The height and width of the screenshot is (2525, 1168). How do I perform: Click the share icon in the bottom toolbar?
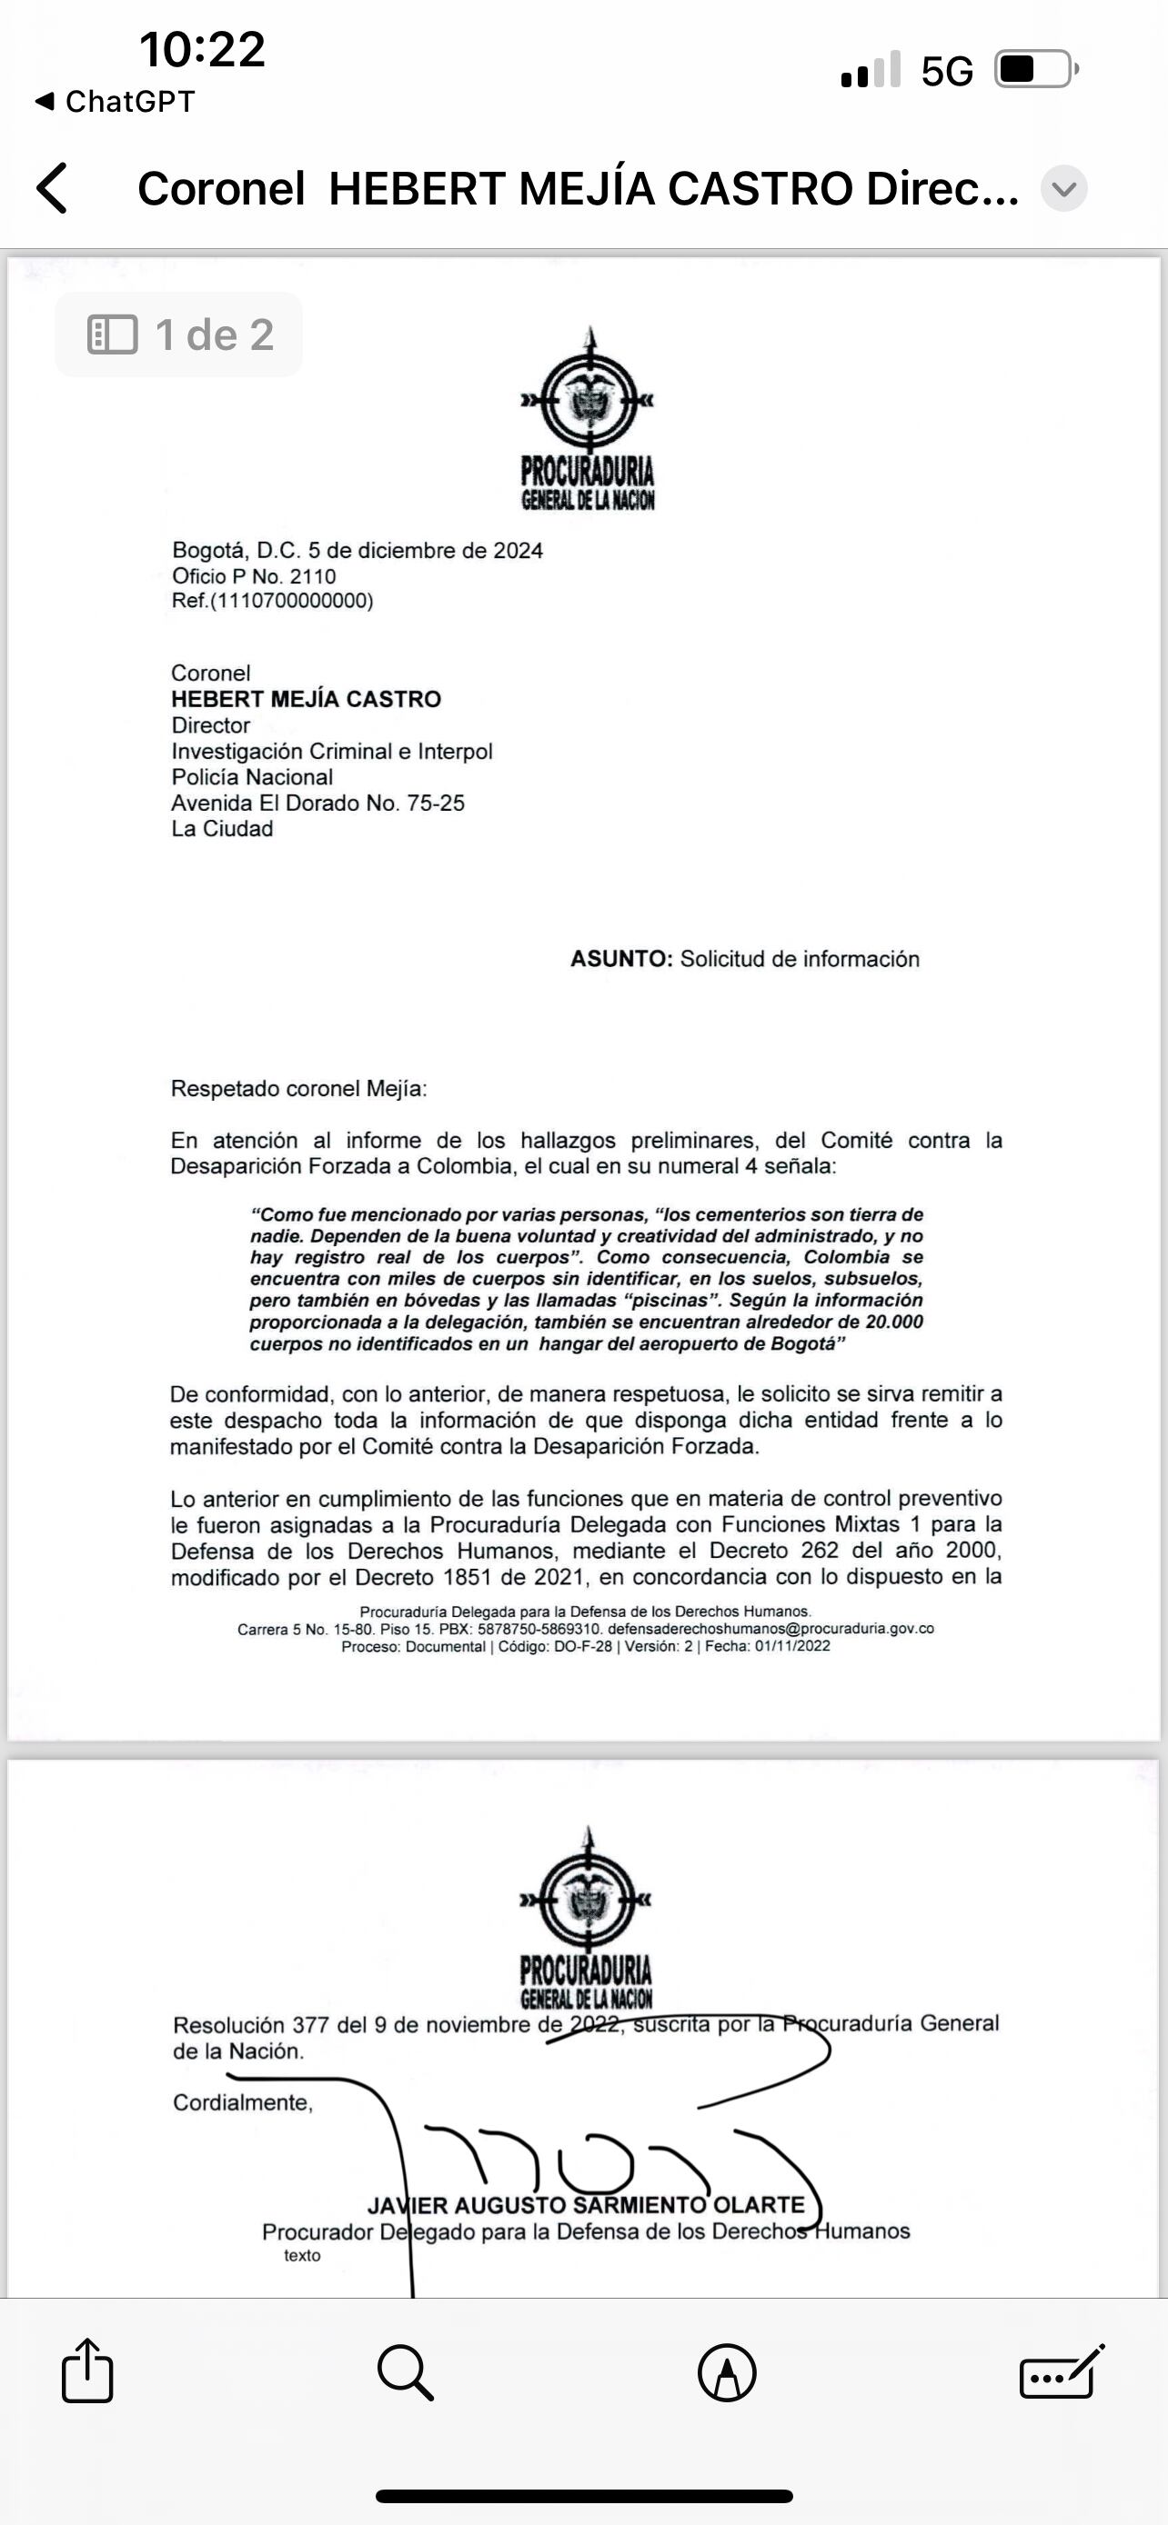tap(87, 2371)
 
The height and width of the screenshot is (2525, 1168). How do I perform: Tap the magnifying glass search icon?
tap(404, 2372)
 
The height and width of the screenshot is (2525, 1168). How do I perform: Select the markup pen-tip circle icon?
tap(727, 2373)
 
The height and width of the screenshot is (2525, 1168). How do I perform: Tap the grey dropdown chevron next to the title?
tap(1064, 188)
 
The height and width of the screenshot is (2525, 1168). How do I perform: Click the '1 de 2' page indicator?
tap(179, 335)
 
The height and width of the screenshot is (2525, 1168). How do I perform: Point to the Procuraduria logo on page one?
tap(588, 420)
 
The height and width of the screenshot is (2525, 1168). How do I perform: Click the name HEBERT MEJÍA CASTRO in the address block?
tap(306, 699)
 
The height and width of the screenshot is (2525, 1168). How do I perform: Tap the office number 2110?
tap(313, 576)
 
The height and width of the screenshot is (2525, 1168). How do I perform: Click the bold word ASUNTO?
tap(620, 959)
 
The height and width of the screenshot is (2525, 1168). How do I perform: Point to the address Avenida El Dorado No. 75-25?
tap(317, 803)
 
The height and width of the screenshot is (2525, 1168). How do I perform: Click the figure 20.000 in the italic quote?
tap(893, 1322)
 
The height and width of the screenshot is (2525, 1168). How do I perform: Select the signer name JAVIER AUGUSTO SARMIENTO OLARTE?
tap(586, 2204)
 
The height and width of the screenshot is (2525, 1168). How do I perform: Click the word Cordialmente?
tap(242, 2102)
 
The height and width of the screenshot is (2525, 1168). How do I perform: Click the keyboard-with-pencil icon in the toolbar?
tap(1062, 2372)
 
